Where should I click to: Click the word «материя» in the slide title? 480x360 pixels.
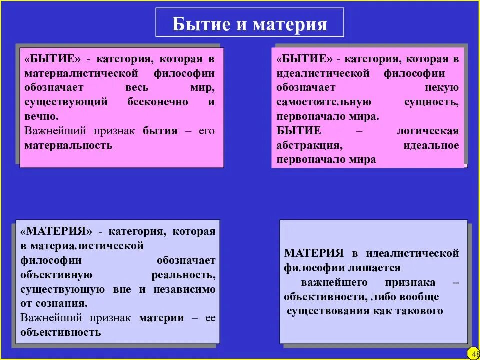click(x=290, y=24)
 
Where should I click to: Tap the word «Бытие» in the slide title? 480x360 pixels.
click(x=199, y=24)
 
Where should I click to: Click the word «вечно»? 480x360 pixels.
click(x=41, y=116)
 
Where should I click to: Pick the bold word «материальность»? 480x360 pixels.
click(x=68, y=145)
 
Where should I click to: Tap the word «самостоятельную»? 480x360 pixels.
click(x=324, y=102)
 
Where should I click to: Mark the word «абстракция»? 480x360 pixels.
click(x=309, y=145)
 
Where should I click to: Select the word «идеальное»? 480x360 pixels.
click(x=431, y=145)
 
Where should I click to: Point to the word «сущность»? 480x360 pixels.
click(x=431, y=102)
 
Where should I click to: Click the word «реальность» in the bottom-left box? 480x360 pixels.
click(x=183, y=275)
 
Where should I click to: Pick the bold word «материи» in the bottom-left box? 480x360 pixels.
click(x=161, y=318)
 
